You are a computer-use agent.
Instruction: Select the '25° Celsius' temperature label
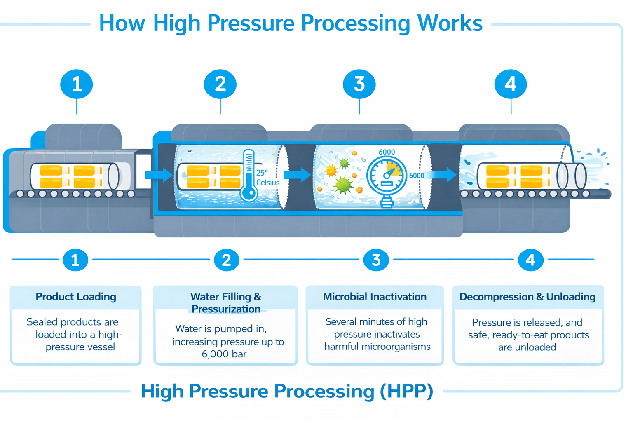click(267, 178)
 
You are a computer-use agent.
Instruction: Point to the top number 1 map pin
click(77, 84)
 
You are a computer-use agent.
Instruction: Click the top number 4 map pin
click(511, 84)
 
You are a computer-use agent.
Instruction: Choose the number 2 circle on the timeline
click(226, 260)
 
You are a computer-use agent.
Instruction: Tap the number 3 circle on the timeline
click(376, 260)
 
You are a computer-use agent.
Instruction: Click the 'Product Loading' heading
click(76, 297)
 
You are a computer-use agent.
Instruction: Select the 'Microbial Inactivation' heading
click(375, 297)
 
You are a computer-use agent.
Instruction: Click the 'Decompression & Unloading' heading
click(527, 297)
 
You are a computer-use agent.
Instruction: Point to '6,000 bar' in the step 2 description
click(224, 354)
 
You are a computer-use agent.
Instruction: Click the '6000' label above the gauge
click(387, 152)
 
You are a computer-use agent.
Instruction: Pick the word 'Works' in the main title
click(450, 23)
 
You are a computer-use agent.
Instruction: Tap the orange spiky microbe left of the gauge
click(331, 170)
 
